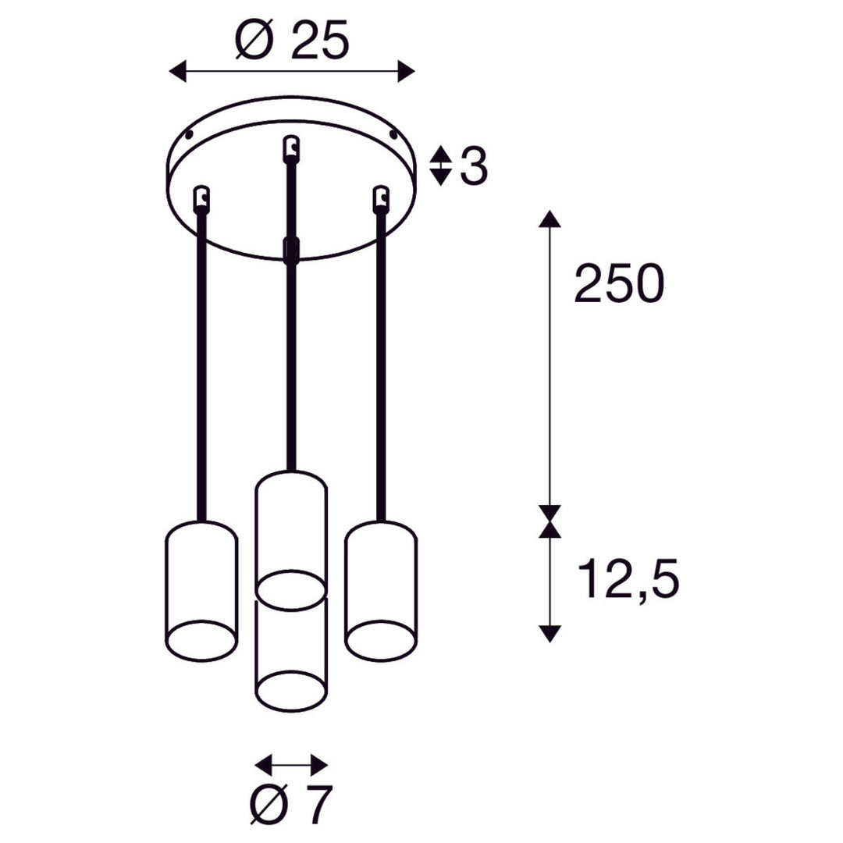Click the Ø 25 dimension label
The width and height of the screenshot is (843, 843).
click(x=293, y=40)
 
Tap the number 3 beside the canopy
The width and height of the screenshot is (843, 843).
click(x=474, y=165)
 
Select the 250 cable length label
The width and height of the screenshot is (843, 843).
click(x=619, y=283)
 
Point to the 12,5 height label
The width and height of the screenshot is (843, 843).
click(x=628, y=578)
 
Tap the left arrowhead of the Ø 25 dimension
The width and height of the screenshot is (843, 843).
click(x=177, y=72)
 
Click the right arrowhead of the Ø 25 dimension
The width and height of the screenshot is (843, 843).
click(x=407, y=72)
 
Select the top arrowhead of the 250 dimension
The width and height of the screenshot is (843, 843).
click(x=550, y=219)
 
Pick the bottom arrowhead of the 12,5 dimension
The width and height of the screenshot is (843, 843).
click(x=550, y=633)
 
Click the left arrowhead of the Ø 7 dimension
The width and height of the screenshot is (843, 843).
click(x=264, y=764)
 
